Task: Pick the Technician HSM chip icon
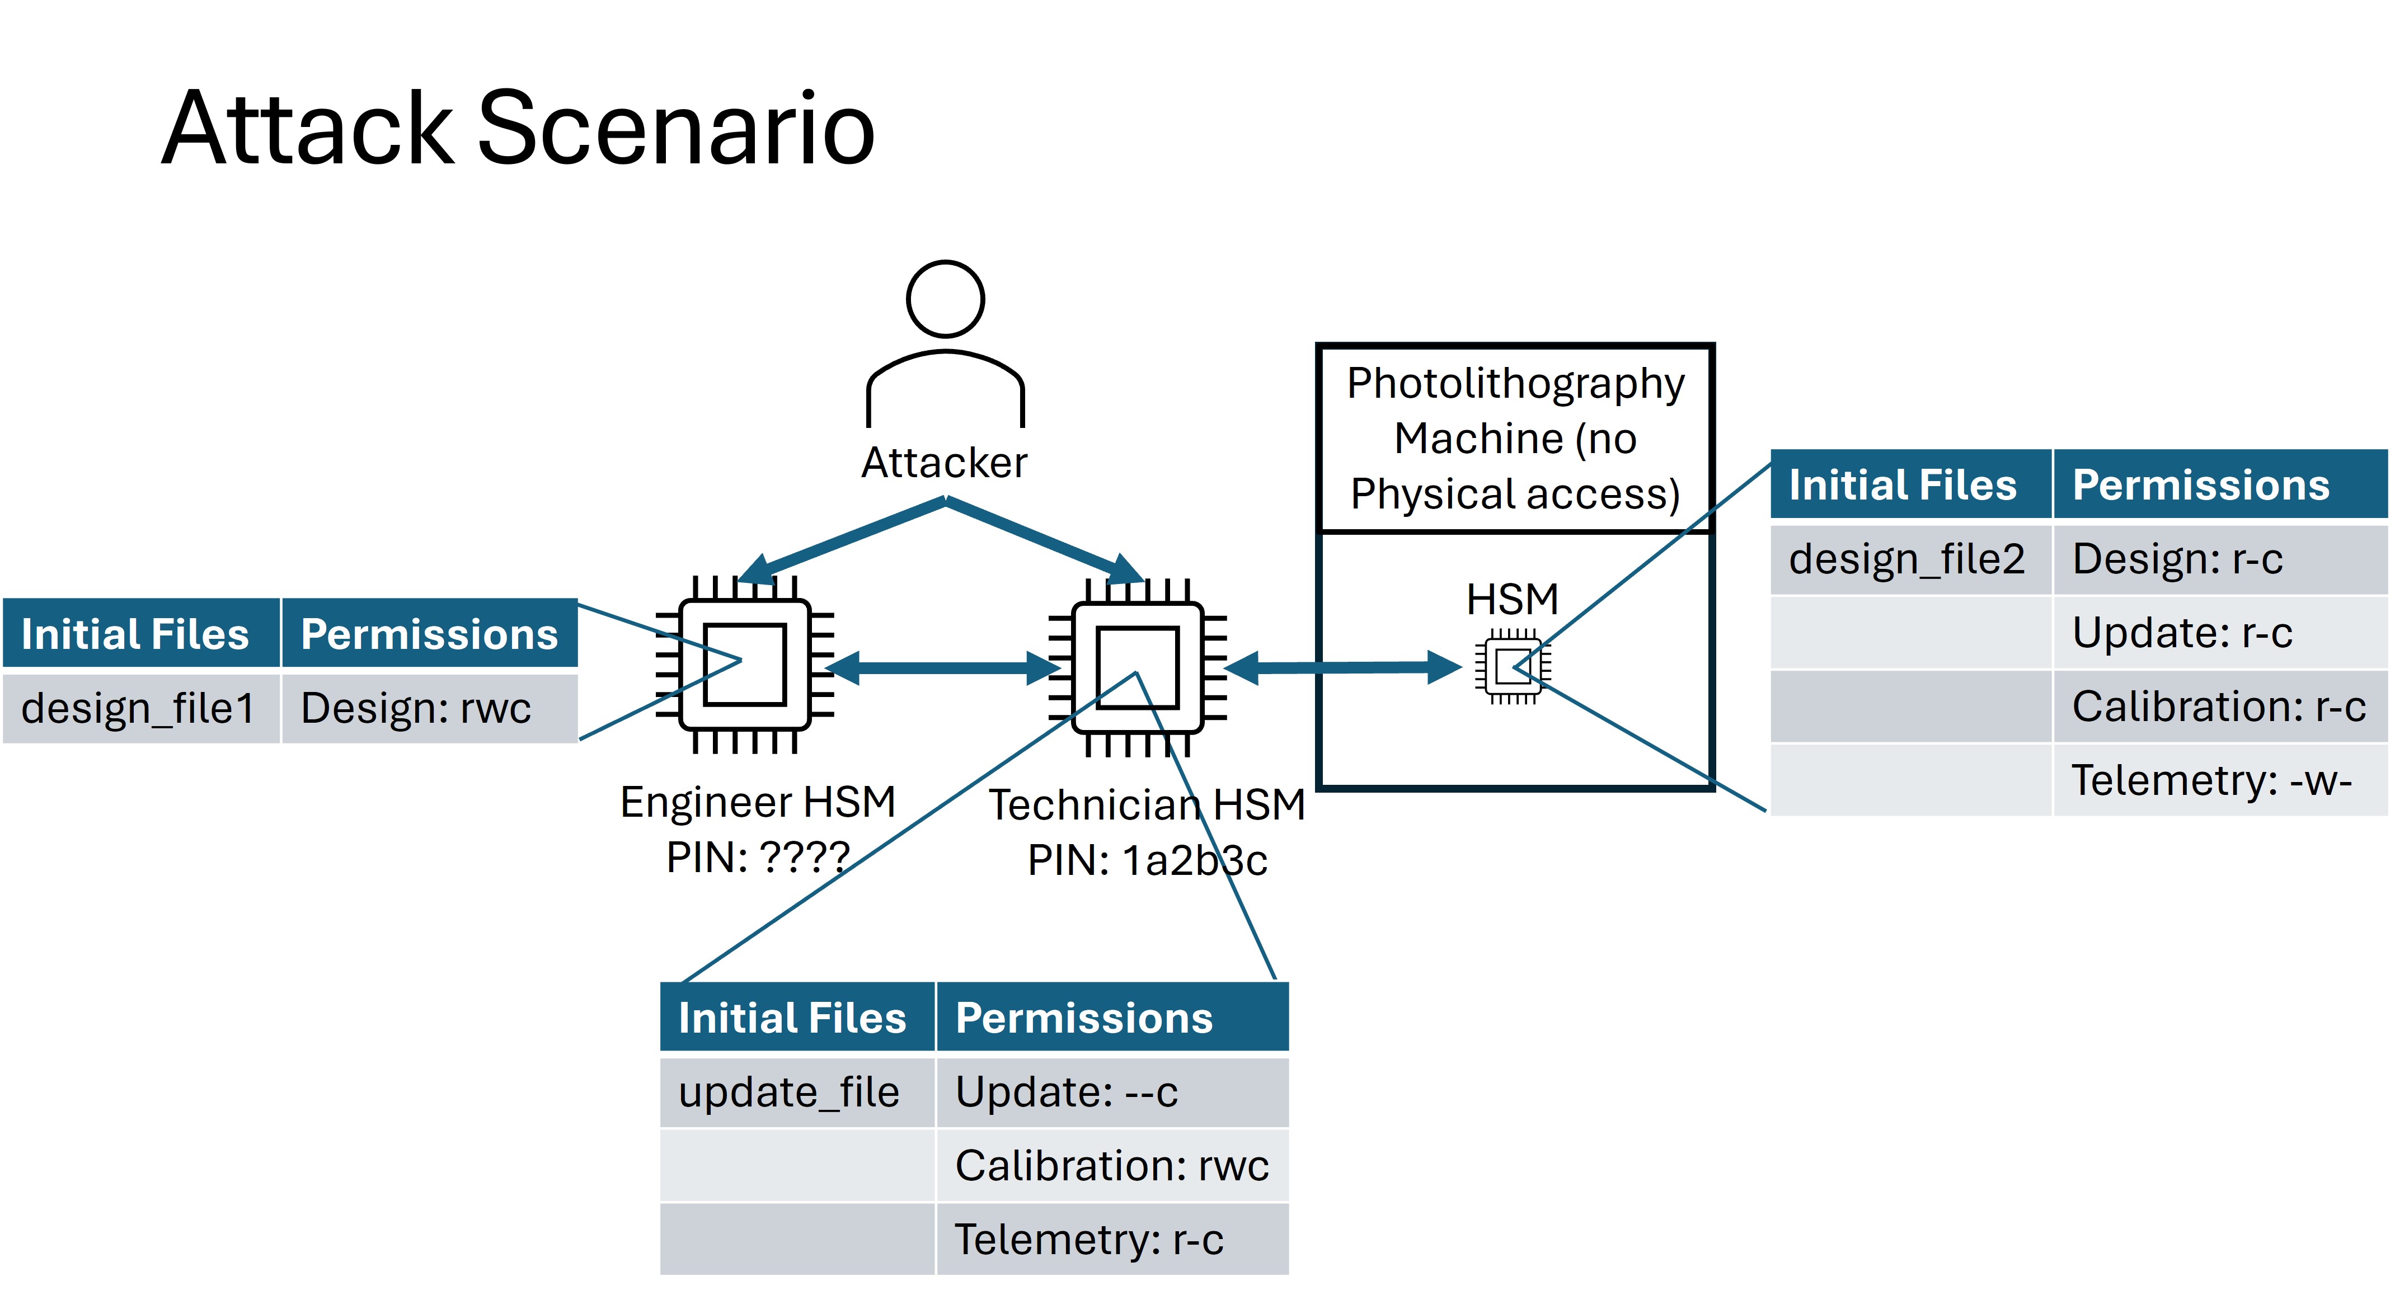click(1137, 667)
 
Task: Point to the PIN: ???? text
click(758, 857)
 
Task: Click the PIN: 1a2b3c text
click(1147, 860)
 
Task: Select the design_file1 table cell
click(139, 708)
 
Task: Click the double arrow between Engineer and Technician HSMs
click(941, 667)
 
